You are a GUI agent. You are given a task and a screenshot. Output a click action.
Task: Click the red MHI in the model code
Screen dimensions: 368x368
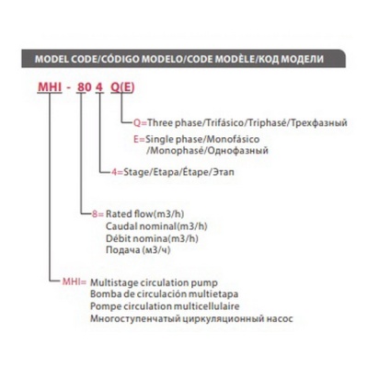pos(50,87)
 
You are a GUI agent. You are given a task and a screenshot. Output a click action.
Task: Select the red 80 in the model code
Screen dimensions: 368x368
pos(84,87)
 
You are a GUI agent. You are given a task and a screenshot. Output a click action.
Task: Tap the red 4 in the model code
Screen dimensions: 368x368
pos(99,87)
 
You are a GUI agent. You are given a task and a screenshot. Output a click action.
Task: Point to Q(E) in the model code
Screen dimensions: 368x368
pos(122,87)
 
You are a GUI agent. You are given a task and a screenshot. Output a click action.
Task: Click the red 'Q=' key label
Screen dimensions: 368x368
pos(140,123)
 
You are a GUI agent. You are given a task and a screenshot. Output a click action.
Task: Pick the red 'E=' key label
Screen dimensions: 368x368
pos(139,139)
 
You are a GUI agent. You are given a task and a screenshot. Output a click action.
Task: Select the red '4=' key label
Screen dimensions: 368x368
pos(117,172)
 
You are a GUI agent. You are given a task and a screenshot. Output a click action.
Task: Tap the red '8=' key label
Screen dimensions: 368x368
pos(98,213)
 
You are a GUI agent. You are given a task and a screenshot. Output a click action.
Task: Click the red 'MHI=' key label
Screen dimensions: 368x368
pos(75,282)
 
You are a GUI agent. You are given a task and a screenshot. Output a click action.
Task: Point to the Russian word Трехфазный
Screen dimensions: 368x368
pos(318,123)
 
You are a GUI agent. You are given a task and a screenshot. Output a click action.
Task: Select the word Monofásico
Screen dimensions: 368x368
pos(233,139)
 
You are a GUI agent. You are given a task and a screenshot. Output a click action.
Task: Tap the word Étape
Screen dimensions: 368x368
pos(195,172)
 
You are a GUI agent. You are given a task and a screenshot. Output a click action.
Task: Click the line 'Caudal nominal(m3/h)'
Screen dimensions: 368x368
pos(156,226)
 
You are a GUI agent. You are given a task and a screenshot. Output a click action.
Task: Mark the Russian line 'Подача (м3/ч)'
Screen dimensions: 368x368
pos(138,250)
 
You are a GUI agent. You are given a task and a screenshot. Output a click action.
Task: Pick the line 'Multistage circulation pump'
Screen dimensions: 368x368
pos(154,282)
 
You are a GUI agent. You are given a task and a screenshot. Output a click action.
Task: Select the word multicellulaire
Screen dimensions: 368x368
pos(206,306)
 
